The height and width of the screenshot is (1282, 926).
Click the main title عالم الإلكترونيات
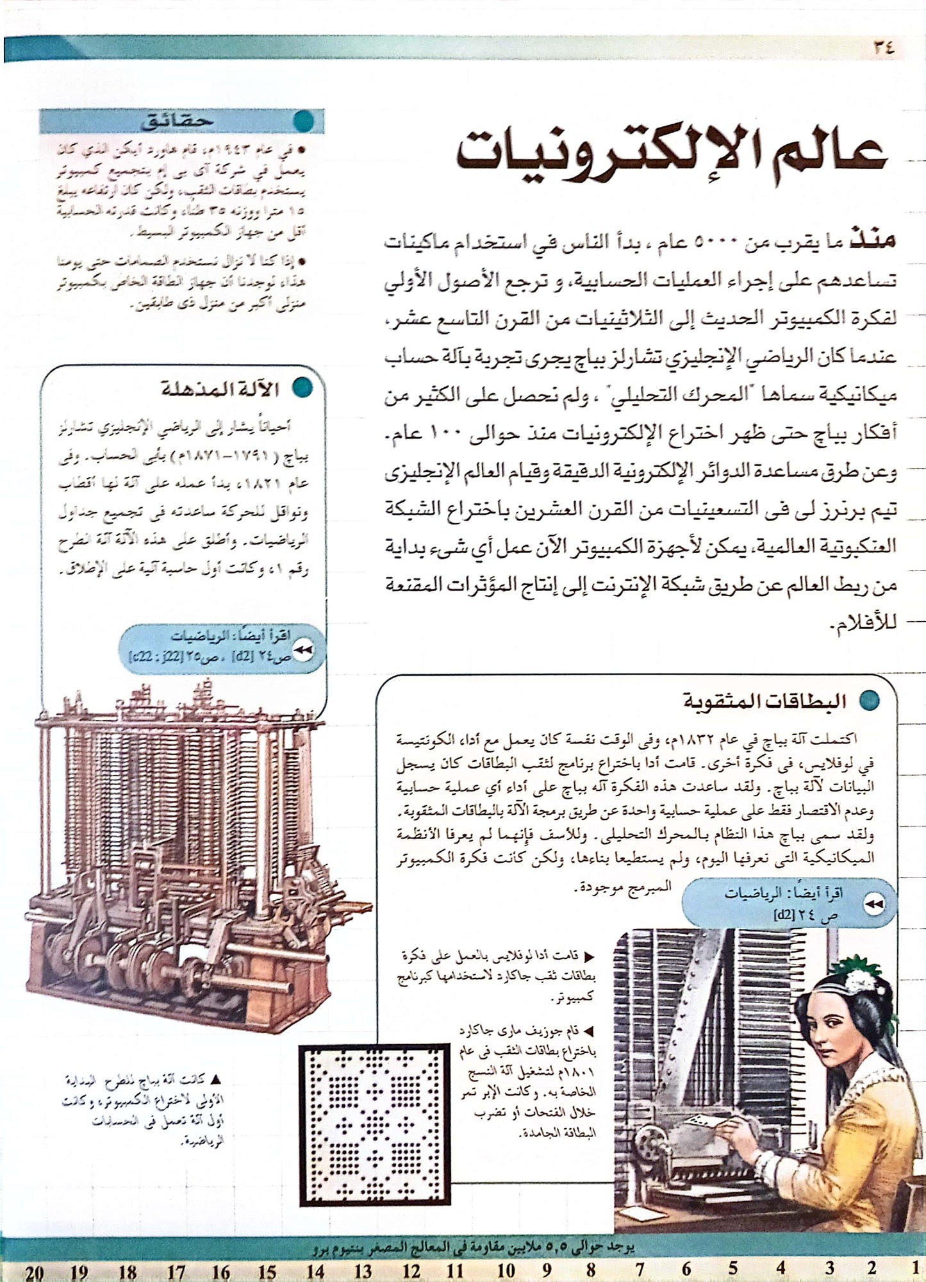671,154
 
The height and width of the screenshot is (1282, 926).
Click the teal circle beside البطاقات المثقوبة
870,701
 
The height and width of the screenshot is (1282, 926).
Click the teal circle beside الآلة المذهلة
301,388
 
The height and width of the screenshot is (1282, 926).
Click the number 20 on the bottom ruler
35,1270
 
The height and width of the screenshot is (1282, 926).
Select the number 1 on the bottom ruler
915,1267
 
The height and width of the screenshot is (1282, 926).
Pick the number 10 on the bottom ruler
506,1269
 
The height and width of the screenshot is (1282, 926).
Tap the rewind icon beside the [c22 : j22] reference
304,650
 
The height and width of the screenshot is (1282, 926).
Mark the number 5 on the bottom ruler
732,1268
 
